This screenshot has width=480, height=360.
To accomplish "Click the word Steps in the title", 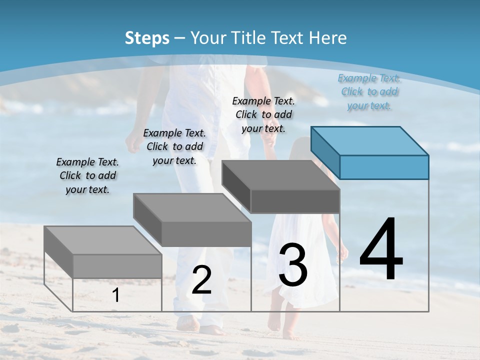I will pyautogui.click(x=147, y=38).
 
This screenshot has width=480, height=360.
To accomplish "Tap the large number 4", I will pyautogui.click(x=381, y=250).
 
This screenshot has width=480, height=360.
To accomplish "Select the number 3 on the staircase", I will pyautogui.click(x=293, y=265).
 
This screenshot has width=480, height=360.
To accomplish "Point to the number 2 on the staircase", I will pyautogui.click(x=201, y=280).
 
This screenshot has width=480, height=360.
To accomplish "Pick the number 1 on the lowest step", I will pyautogui.click(x=115, y=295).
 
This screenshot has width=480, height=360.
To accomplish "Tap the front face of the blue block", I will pyautogui.click(x=384, y=167).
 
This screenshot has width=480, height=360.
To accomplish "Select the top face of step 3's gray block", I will pyautogui.click(x=280, y=175).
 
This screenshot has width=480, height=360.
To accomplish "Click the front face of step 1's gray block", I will pyautogui.click(x=117, y=266).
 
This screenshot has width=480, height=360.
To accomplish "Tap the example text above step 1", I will pyautogui.click(x=87, y=176).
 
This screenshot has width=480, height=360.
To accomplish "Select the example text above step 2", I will pyautogui.click(x=174, y=146).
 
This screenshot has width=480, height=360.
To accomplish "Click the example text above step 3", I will pyautogui.click(x=263, y=114).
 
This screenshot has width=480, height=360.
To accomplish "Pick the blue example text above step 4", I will pyautogui.click(x=369, y=91).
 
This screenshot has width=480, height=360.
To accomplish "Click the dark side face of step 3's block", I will pyautogui.click(x=236, y=186).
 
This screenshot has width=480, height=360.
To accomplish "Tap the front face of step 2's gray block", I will pyautogui.click(x=206, y=234).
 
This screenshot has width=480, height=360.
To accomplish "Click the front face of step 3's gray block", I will pyautogui.click(x=295, y=201).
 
